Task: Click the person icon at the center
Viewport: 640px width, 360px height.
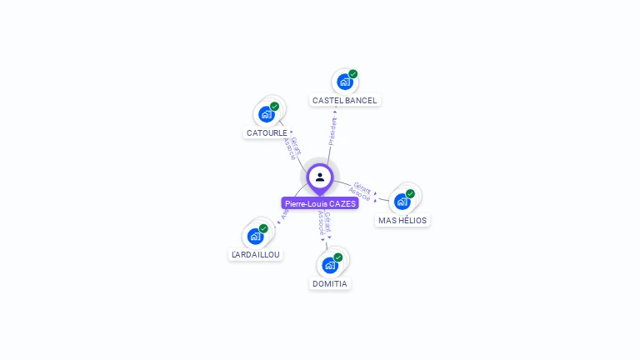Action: tap(320, 177)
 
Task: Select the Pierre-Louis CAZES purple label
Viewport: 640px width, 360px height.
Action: tap(320, 203)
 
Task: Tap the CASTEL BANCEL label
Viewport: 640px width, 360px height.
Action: tap(344, 100)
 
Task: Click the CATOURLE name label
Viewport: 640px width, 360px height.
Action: tap(267, 132)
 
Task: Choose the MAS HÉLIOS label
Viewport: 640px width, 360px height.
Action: tap(402, 221)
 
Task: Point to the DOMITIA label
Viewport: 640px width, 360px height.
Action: tap(329, 283)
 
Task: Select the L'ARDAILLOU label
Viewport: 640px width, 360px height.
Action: tap(256, 254)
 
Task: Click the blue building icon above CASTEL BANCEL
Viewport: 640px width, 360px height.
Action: tap(344, 82)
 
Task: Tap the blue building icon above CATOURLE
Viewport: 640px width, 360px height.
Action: tap(266, 114)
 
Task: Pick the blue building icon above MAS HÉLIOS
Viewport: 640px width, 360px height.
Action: tap(402, 202)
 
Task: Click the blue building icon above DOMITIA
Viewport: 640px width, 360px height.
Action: tap(329, 265)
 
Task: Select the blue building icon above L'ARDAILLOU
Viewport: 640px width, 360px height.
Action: tap(255, 236)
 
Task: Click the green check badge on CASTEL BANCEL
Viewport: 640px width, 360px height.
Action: tap(353, 74)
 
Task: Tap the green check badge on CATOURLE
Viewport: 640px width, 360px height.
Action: tap(275, 106)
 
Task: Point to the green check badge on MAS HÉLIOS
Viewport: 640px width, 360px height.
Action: tap(410, 193)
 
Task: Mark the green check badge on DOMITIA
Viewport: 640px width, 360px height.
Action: tap(338, 257)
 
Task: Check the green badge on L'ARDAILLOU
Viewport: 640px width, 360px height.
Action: tap(263, 227)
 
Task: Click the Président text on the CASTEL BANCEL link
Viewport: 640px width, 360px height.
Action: tap(332, 131)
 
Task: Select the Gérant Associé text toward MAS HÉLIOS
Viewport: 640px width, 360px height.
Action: tap(361, 191)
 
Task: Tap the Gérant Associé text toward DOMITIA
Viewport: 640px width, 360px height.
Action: tap(325, 225)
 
